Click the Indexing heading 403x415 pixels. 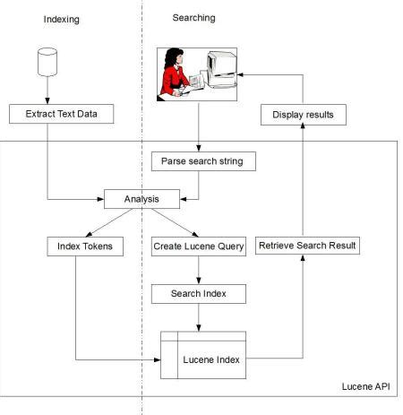(62, 20)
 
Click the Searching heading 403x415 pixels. (193, 18)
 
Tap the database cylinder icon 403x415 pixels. (47, 62)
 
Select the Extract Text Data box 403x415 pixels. (62, 114)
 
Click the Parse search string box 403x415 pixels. (203, 161)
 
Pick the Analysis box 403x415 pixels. (141, 199)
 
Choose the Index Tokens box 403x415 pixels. (85, 246)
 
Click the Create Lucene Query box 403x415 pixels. (199, 246)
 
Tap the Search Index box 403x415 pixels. (199, 294)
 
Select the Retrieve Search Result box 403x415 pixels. (307, 246)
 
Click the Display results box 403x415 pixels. (304, 115)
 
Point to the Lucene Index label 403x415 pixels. (211, 359)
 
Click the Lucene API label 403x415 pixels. (366, 386)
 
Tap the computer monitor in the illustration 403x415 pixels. (221, 69)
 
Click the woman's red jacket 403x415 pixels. (173, 80)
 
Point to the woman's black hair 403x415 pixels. (173, 57)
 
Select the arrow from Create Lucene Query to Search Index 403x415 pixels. (199, 270)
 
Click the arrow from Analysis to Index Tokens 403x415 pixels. (109, 222)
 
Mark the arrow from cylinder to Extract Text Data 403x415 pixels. (47, 91)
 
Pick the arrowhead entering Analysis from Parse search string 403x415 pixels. (184, 199)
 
